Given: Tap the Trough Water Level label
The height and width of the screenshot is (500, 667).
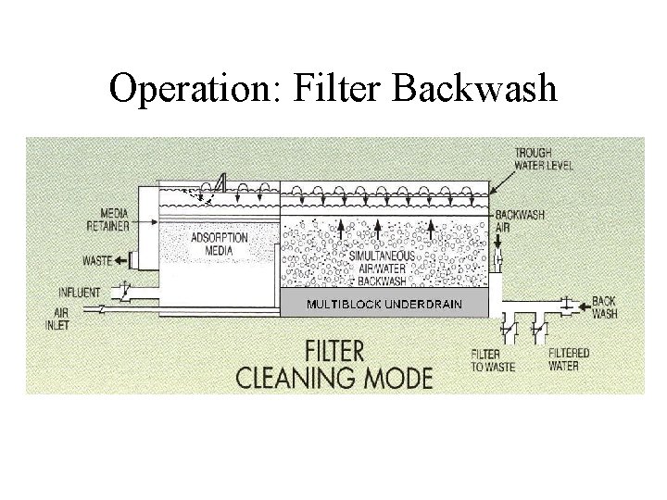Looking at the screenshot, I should [544, 158].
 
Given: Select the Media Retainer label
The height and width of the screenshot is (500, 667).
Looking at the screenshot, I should [108, 219].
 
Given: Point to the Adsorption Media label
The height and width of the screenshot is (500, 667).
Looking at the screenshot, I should [219, 244].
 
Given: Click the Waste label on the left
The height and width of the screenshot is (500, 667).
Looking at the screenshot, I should [97, 261].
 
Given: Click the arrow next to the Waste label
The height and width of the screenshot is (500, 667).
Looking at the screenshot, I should [121, 261].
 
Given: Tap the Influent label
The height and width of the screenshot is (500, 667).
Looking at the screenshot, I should [80, 294].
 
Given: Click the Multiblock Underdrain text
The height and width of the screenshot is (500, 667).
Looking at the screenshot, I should [384, 305].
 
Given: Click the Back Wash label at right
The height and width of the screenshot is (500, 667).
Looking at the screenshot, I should [604, 307].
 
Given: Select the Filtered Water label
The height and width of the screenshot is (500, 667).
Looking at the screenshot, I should [568, 359].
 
